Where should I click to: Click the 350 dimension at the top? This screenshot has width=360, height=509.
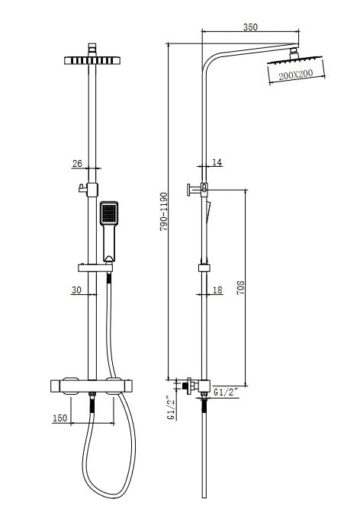[x=249, y=27]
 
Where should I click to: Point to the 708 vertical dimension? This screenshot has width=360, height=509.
[x=242, y=289]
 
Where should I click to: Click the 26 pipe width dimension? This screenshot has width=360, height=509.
[x=76, y=162]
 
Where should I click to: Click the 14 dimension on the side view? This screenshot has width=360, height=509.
[x=217, y=162]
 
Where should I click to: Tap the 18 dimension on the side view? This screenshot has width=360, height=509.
[x=217, y=290]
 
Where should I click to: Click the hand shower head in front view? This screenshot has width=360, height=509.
[x=109, y=214]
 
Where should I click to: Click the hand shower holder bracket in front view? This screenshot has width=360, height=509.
[x=93, y=267]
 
